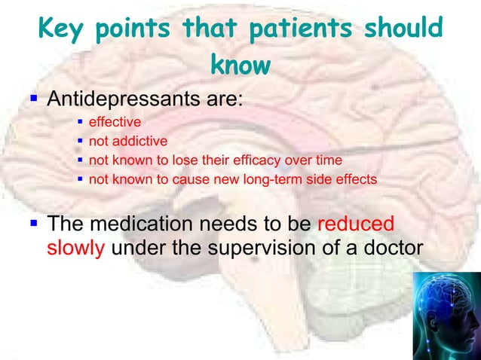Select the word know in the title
coord(240,65)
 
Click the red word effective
coord(115,122)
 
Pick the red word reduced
coord(356,224)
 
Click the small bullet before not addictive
coord(81,141)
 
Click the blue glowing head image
coord(446,316)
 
